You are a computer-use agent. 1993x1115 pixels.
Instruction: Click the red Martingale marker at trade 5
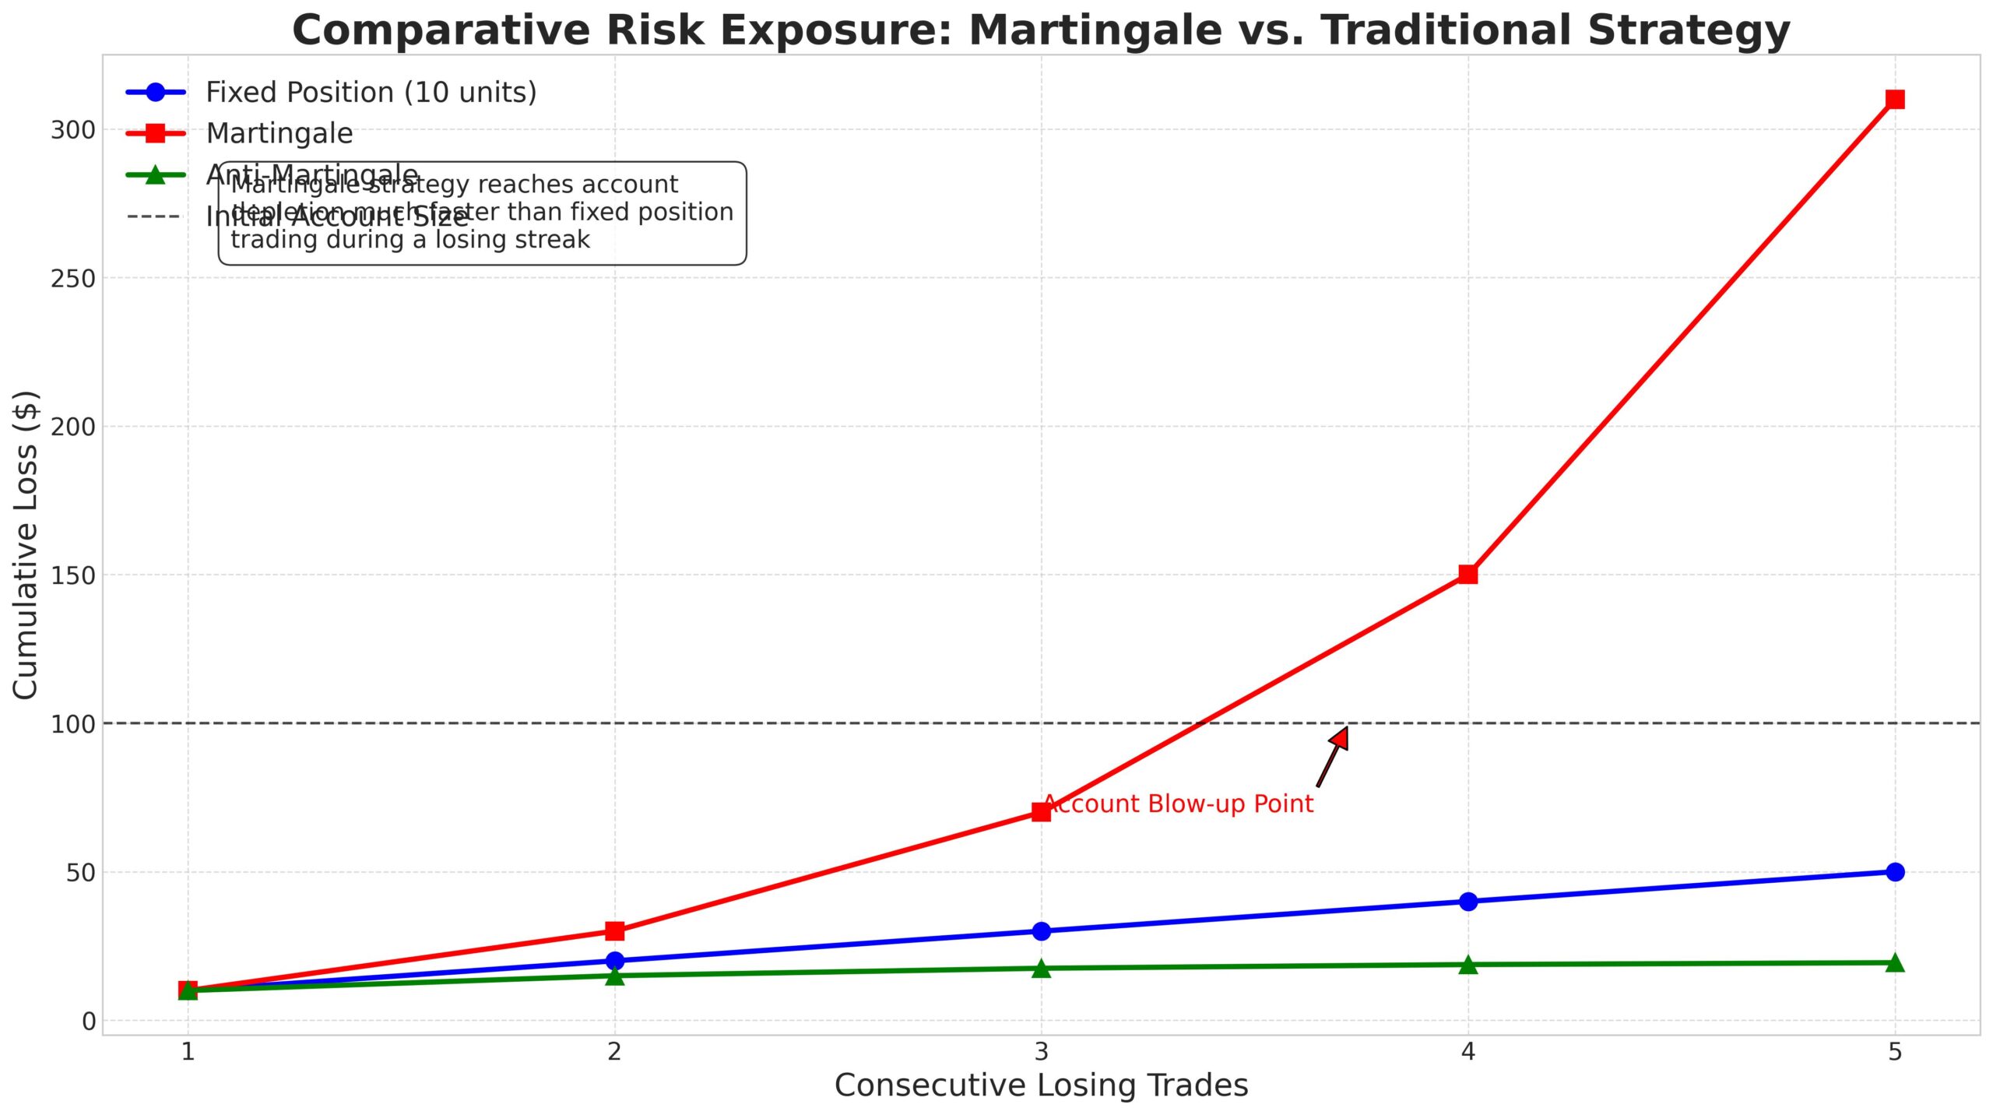[x=1895, y=99]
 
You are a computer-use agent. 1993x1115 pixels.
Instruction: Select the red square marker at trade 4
[x=1468, y=574]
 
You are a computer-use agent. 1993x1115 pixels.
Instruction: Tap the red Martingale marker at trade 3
[x=1041, y=811]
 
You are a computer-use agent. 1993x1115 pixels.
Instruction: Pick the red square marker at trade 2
[x=614, y=930]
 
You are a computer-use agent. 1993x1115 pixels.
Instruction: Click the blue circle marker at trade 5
[x=1895, y=871]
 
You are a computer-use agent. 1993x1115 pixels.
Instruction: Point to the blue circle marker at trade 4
[x=1468, y=901]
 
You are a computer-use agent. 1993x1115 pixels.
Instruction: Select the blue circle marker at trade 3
[x=1041, y=930]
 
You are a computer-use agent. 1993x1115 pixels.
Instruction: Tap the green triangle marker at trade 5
[x=1895, y=963]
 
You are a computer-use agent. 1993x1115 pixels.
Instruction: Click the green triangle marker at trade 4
[x=1468, y=966]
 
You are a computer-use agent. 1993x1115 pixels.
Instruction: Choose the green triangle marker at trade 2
[x=614, y=976]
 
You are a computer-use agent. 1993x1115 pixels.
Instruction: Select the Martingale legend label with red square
[x=279, y=133]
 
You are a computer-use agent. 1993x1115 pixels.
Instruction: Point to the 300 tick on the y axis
[x=72, y=129]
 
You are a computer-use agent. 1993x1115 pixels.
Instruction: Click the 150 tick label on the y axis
[x=72, y=575]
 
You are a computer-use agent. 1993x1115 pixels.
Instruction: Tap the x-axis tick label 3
[x=1041, y=1052]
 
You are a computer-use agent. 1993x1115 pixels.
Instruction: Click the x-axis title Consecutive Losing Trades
[x=1041, y=1085]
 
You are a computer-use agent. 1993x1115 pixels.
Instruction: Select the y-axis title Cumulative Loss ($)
[x=25, y=545]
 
